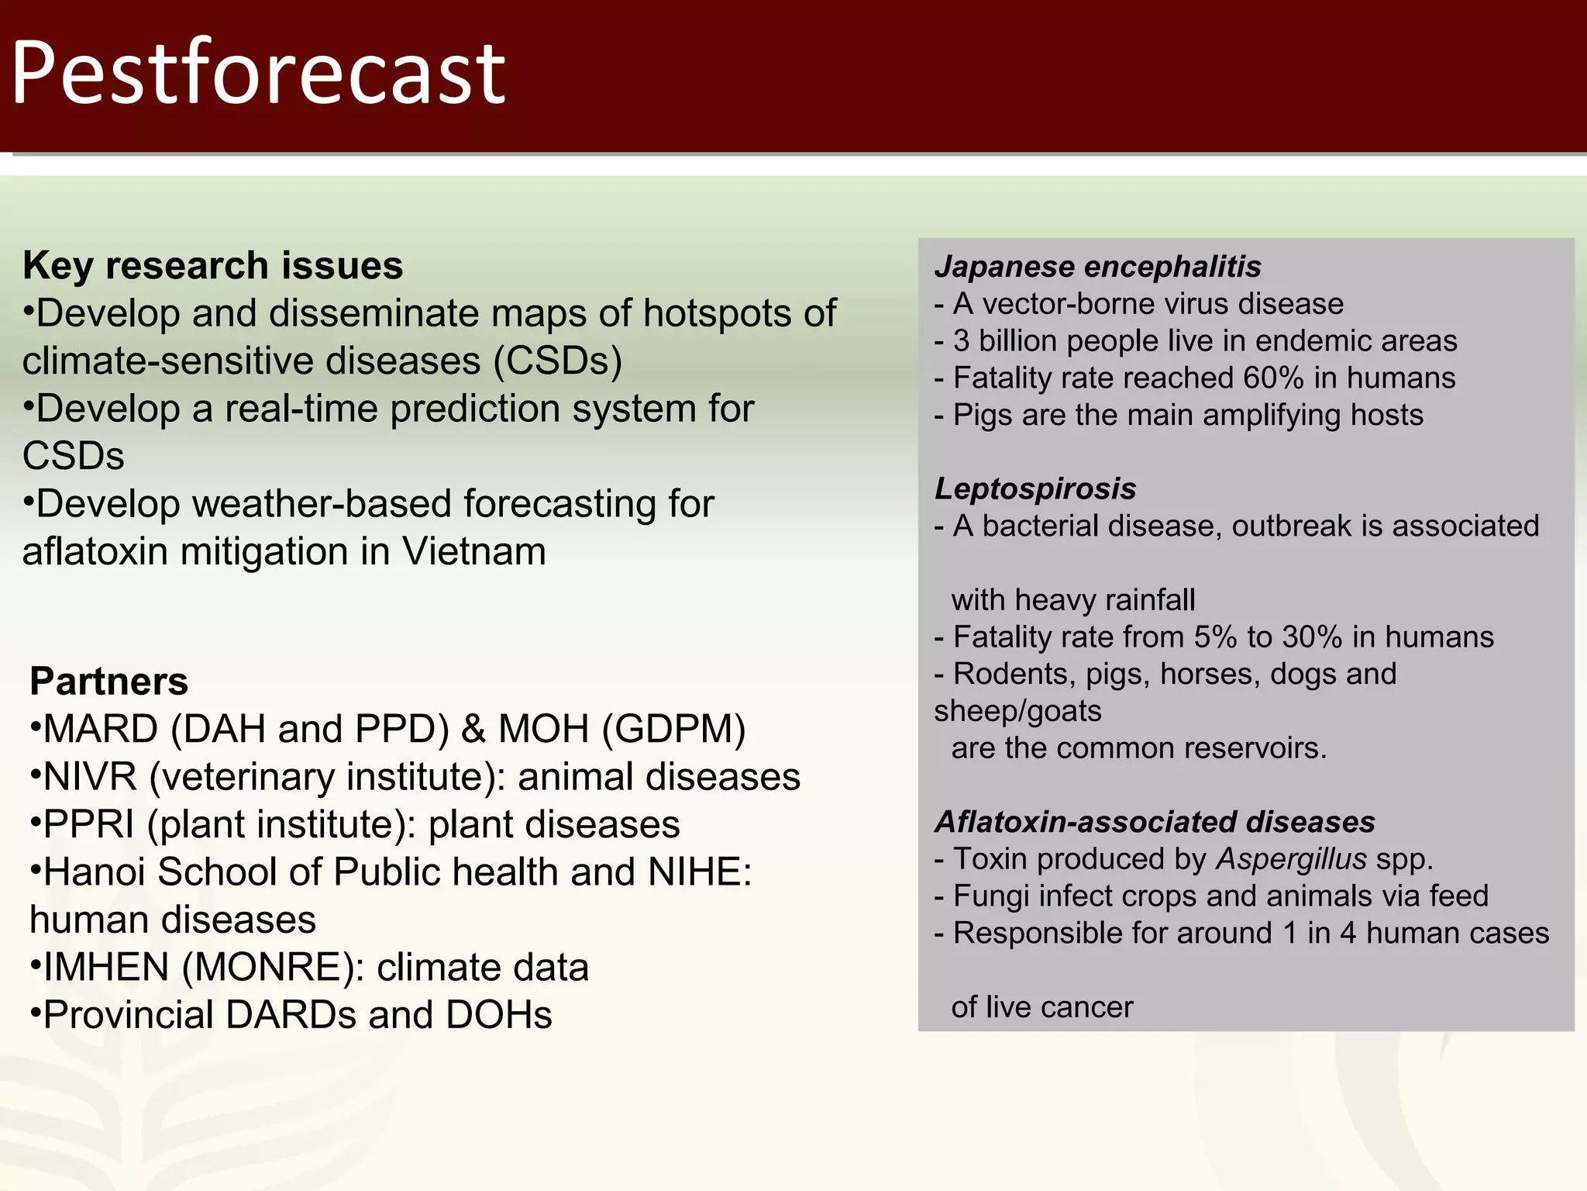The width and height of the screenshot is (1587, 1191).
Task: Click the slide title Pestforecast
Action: [258, 74]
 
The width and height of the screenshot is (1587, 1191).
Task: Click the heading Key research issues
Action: [213, 266]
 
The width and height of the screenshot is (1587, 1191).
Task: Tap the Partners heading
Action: [108, 682]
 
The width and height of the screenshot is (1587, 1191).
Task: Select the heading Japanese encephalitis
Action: [1097, 267]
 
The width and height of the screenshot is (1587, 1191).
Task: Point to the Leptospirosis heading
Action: [1035, 489]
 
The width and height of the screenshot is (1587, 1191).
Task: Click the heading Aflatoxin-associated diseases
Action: [1155, 822]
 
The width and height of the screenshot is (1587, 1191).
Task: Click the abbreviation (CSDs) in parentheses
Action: [558, 361]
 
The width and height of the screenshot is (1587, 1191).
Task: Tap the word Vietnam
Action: [473, 552]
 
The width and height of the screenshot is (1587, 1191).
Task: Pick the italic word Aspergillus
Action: [1291, 859]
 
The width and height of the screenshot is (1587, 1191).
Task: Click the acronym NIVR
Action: [91, 777]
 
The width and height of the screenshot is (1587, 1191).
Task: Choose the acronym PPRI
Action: [89, 825]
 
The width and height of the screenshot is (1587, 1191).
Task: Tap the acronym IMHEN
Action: [106, 968]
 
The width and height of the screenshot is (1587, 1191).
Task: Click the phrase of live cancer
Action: [1041, 1007]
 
